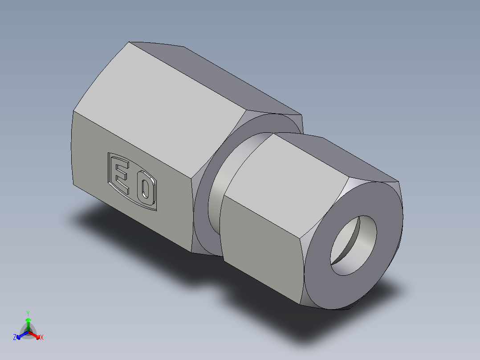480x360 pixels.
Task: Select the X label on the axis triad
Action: pos(42,338)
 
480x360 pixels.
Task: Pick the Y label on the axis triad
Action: pos(28,313)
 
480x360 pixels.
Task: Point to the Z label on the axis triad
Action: pos(15,338)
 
